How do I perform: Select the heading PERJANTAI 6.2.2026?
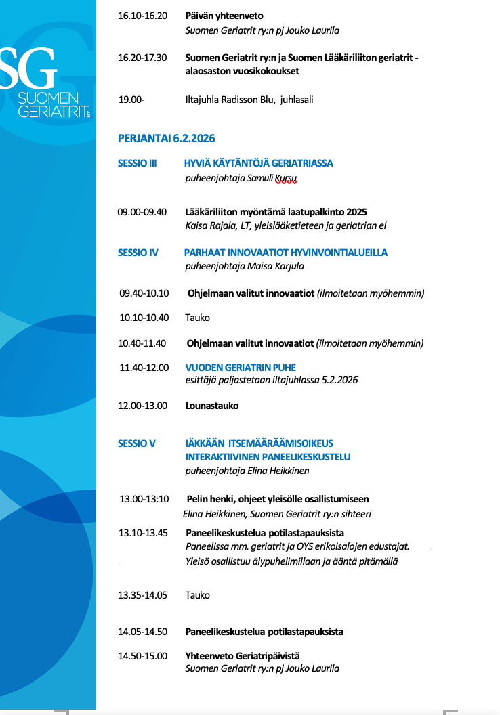click(x=166, y=138)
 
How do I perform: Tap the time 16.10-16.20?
click(x=142, y=16)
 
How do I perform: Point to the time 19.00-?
click(x=131, y=100)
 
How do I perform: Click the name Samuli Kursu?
click(x=275, y=179)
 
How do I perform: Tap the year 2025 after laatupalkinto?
click(x=356, y=212)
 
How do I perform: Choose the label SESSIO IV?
click(x=138, y=253)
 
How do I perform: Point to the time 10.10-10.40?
click(x=144, y=318)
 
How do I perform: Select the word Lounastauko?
click(x=212, y=406)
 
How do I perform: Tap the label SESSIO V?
click(x=136, y=443)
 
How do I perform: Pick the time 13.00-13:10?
click(x=144, y=499)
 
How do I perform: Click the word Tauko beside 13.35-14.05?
click(x=198, y=595)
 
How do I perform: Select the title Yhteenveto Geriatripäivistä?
click(x=243, y=655)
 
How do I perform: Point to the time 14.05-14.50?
click(x=142, y=632)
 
